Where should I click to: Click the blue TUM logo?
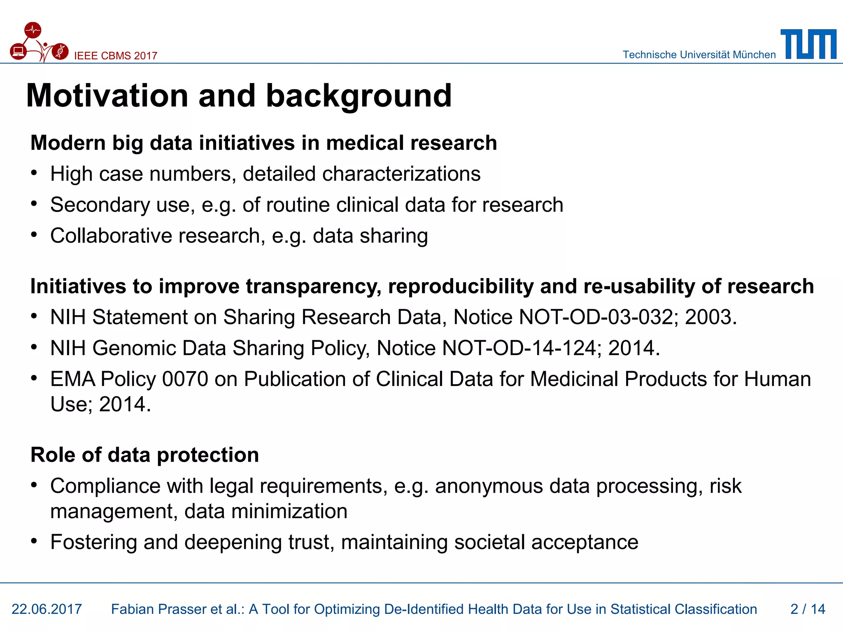coord(808,44)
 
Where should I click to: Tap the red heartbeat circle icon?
coord(33,30)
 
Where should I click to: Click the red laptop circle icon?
coord(18,52)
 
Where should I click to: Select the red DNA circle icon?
coord(61,51)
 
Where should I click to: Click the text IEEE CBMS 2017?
coord(116,56)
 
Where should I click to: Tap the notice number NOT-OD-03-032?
coord(596,317)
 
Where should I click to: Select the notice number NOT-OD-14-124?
coord(519,348)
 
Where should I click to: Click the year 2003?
coord(710,317)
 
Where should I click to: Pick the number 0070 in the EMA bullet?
coord(185,379)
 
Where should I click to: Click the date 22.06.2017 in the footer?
coord(47,609)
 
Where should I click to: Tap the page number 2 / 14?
coord(808,609)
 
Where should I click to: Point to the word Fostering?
coord(93,542)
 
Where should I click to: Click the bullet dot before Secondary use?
coord(34,203)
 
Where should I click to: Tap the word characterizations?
coord(401,174)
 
